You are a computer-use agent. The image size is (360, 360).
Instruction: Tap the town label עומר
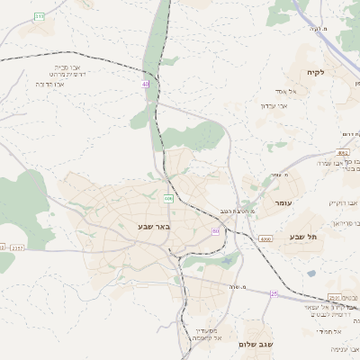(284, 204)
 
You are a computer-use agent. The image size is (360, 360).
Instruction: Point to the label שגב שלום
(256, 344)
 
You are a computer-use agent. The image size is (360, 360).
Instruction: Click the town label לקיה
(314, 72)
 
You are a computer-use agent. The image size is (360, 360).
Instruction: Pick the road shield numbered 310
(39, 16)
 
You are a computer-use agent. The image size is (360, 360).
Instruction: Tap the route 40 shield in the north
(145, 84)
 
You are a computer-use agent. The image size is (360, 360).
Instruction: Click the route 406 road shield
(168, 197)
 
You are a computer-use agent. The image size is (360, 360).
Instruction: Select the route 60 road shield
(216, 231)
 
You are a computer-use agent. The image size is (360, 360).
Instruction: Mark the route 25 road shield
(274, 293)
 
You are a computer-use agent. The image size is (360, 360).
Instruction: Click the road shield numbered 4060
(265, 239)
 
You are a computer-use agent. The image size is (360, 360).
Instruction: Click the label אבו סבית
(62, 66)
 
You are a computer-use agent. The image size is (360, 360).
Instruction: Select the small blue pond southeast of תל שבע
(311, 273)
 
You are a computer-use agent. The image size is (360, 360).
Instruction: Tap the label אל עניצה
(346, 348)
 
